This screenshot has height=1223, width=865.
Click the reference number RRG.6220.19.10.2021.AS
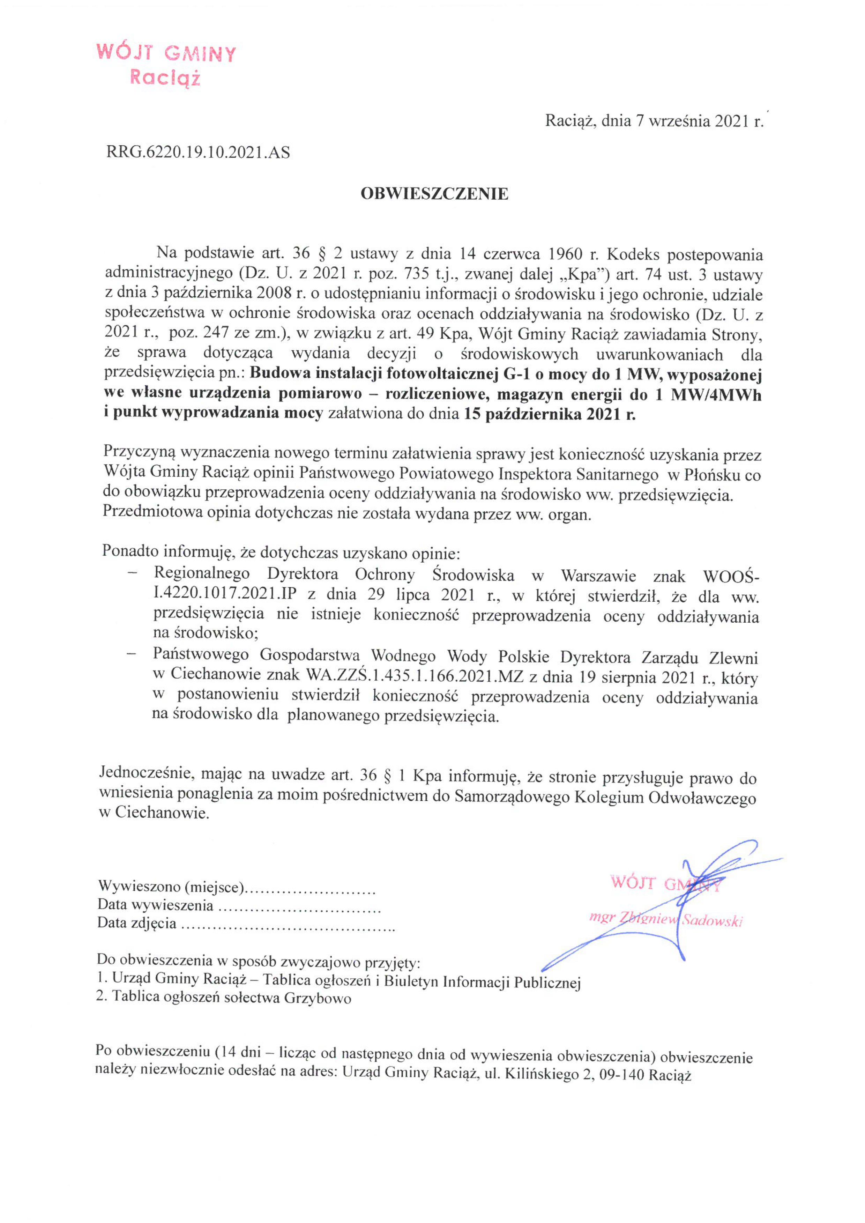tap(198, 153)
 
